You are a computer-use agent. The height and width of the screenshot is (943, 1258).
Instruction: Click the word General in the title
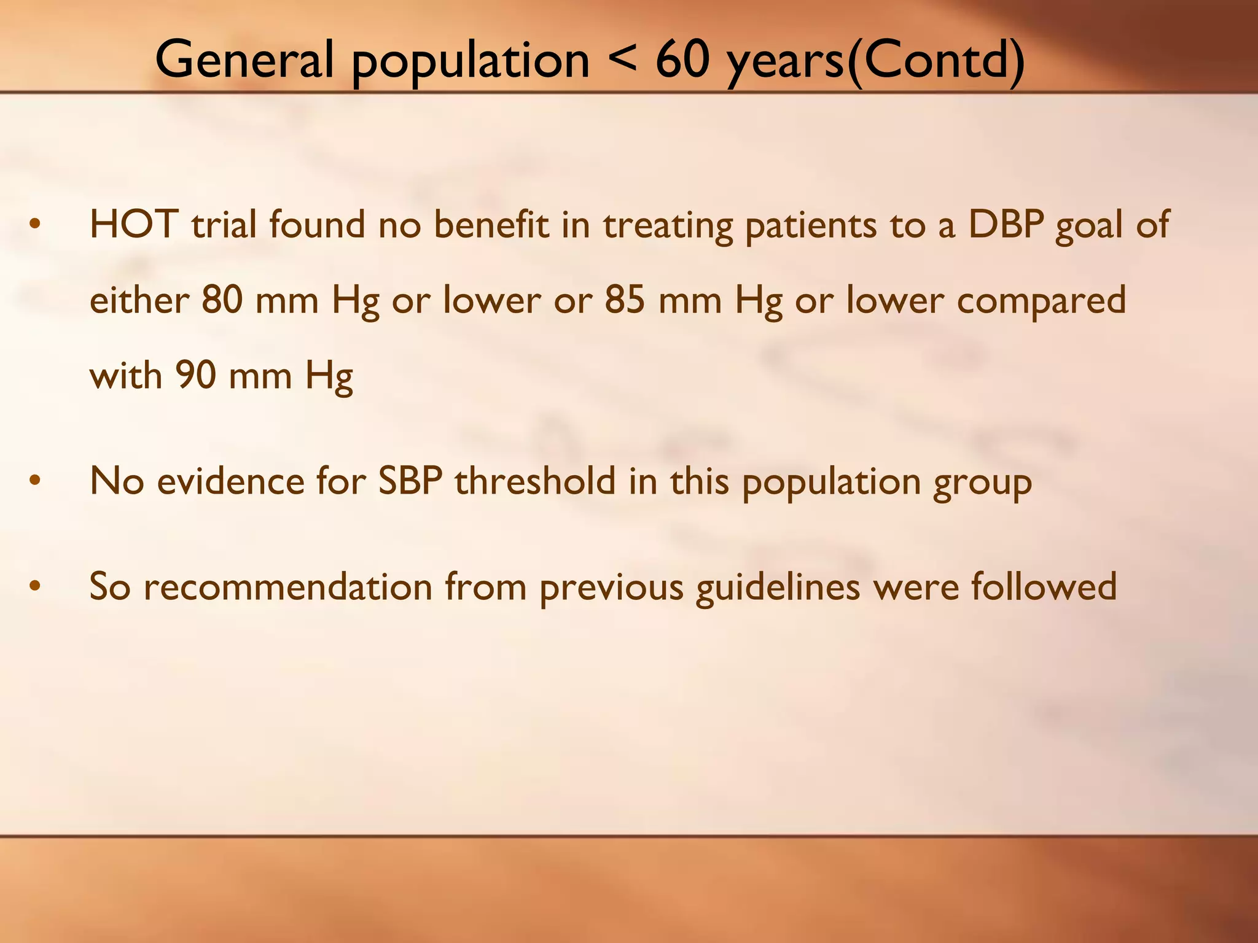tap(244, 60)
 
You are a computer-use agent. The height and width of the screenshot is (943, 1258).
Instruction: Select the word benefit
tap(491, 225)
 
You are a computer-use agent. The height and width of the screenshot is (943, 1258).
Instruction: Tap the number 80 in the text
tap(222, 300)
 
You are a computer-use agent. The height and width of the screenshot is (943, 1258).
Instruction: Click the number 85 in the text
tap(625, 300)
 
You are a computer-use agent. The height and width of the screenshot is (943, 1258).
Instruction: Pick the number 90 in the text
tap(195, 375)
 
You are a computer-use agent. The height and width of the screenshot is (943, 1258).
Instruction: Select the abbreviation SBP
tap(410, 481)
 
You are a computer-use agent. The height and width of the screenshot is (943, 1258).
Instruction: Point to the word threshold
tap(534, 481)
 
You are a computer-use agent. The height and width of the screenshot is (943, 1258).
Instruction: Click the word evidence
tap(230, 481)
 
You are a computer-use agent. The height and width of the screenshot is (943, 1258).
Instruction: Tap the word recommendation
tap(287, 587)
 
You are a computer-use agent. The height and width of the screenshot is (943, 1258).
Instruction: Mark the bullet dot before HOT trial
tap(35, 225)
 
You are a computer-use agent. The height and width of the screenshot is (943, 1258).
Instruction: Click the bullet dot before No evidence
tap(35, 482)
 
